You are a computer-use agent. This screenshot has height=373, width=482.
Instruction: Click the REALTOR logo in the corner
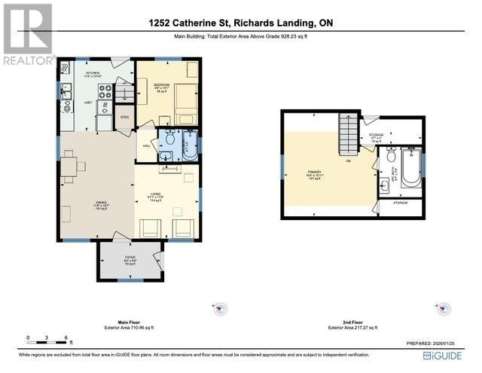point(27,34)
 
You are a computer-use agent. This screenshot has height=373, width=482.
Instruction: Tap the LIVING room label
point(155,195)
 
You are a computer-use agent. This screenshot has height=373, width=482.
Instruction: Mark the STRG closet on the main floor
point(124,118)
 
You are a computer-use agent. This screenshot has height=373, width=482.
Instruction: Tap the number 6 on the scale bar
point(67,337)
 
